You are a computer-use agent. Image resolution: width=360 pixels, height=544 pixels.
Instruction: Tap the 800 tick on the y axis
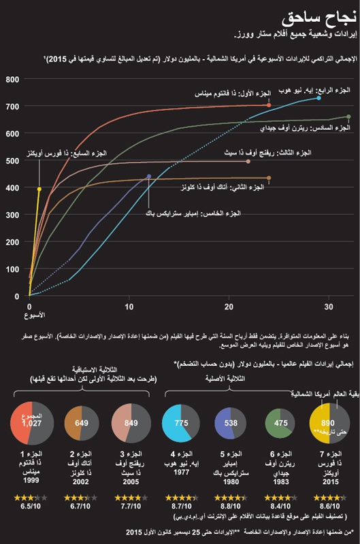12,80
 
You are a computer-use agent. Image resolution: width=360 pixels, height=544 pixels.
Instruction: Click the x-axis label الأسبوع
31,316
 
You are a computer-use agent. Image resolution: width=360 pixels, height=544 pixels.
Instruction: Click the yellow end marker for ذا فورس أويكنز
39,189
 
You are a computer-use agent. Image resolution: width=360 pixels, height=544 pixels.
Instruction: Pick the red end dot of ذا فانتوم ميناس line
269,105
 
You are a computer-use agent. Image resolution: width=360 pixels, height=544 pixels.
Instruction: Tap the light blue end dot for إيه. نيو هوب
319,99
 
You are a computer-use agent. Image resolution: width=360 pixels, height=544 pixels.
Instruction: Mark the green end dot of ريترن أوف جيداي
349,117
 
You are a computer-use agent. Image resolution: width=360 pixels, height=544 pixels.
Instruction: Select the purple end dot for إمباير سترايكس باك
149,177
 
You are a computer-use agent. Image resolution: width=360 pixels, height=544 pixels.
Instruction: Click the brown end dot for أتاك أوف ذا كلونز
269,178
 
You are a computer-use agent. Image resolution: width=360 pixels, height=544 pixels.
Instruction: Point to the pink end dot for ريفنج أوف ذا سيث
249,161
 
